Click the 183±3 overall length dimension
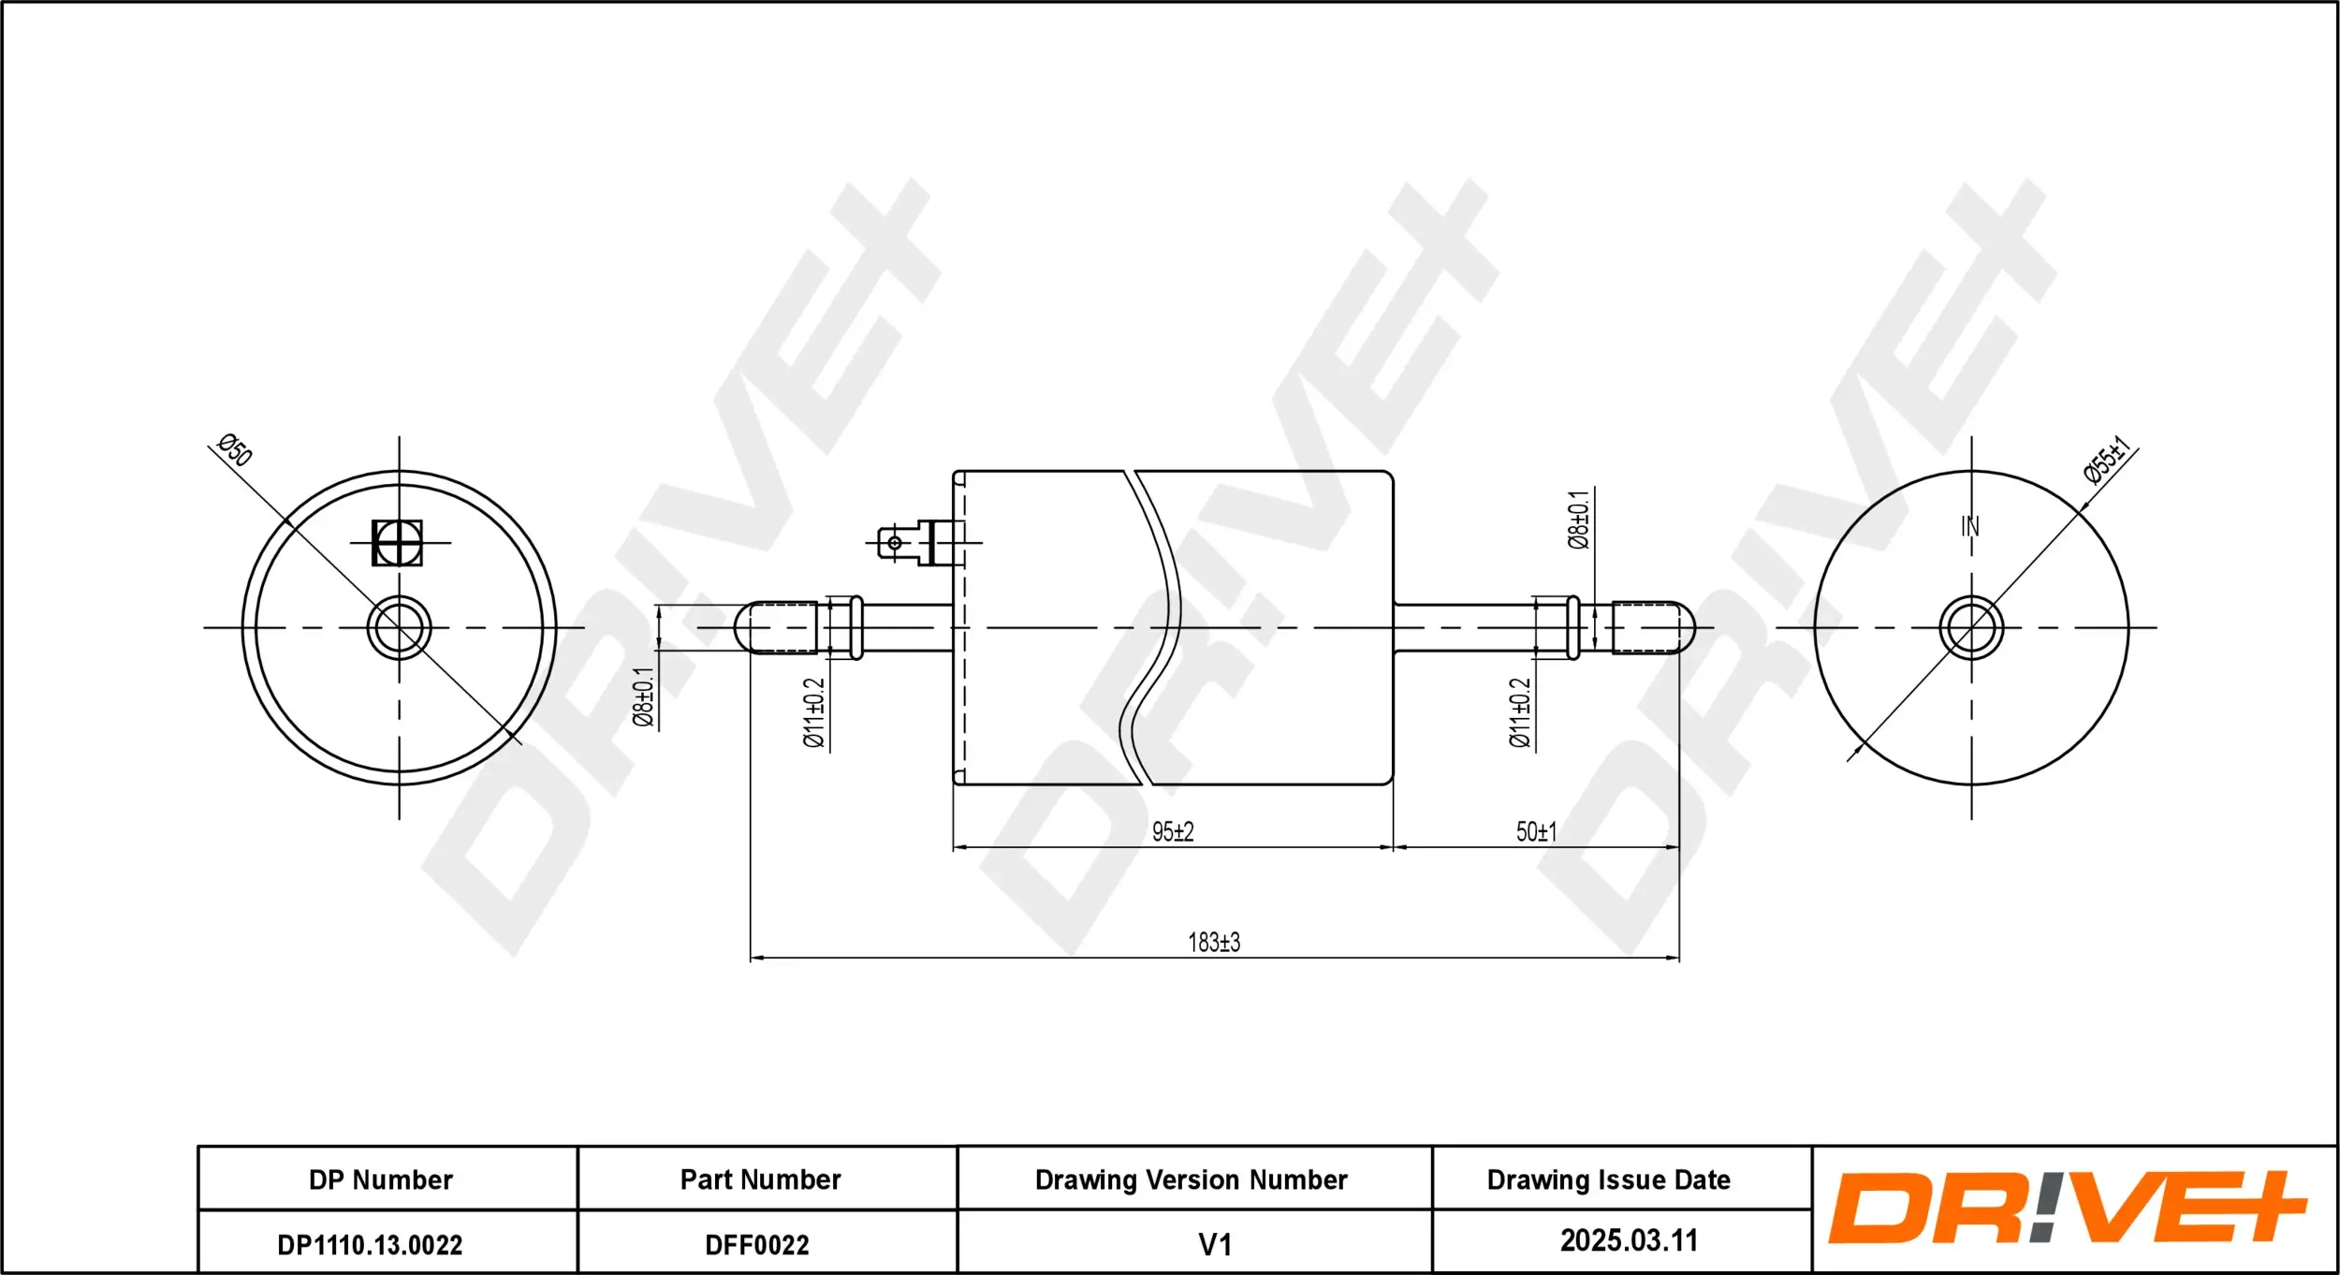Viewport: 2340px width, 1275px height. pyautogui.click(x=1214, y=942)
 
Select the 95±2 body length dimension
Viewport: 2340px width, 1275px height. pyautogui.click(x=1173, y=831)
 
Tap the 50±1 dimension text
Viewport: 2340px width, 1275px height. pyautogui.click(x=1536, y=831)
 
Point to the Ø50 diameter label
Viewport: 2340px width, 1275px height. pyautogui.click(x=234, y=450)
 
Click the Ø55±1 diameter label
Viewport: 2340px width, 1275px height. pyautogui.click(x=2107, y=460)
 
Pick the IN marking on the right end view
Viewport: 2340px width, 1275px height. pyautogui.click(x=1970, y=526)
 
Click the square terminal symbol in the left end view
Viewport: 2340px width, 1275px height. pyautogui.click(x=397, y=543)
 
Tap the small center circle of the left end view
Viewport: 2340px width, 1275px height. pyautogui.click(x=400, y=627)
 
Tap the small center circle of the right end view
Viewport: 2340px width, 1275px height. pyautogui.click(x=1971, y=627)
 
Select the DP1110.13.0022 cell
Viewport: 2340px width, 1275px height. pyautogui.click(x=370, y=1245)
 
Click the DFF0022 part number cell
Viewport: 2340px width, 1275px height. pyautogui.click(x=756, y=1245)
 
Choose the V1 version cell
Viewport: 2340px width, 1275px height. pyautogui.click(x=1215, y=1245)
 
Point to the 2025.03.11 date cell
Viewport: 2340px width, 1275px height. pyautogui.click(x=1629, y=1240)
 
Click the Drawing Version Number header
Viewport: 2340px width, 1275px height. pyautogui.click(x=1191, y=1180)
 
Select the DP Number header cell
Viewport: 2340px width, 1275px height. pyautogui.click(x=381, y=1180)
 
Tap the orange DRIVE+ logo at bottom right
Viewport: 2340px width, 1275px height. pyautogui.click(x=2067, y=1208)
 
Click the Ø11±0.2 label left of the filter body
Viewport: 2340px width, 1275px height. pyautogui.click(x=814, y=713)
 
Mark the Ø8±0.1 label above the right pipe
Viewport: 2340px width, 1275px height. pyautogui.click(x=1578, y=520)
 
